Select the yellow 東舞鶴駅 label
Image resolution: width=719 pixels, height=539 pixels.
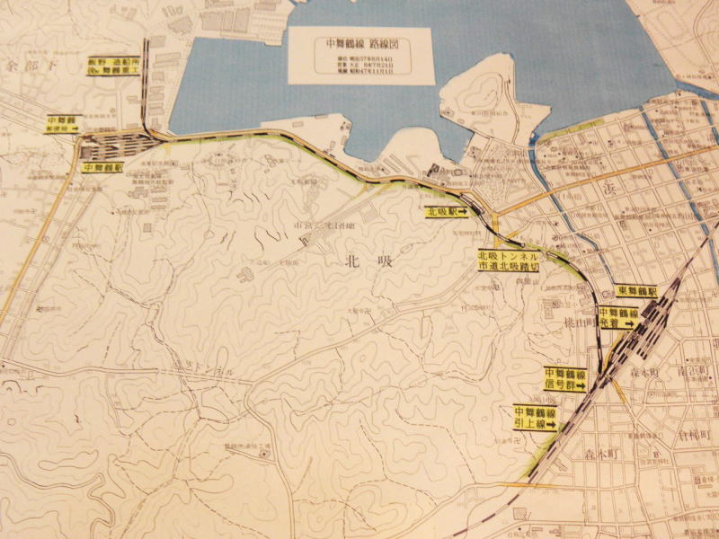637,292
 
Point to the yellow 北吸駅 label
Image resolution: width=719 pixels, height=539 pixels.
446,213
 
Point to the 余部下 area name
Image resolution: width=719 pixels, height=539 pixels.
24,66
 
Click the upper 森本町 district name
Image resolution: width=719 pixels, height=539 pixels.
644,372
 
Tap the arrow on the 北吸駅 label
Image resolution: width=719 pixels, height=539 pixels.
462,213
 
